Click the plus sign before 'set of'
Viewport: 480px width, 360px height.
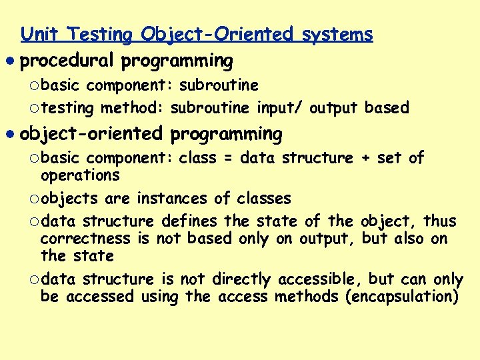(365, 159)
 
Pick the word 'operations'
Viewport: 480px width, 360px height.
(80, 176)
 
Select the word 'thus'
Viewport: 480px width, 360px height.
(440, 221)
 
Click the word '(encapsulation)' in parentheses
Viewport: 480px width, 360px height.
(401, 297)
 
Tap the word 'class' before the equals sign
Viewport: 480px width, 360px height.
(197, 159)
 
